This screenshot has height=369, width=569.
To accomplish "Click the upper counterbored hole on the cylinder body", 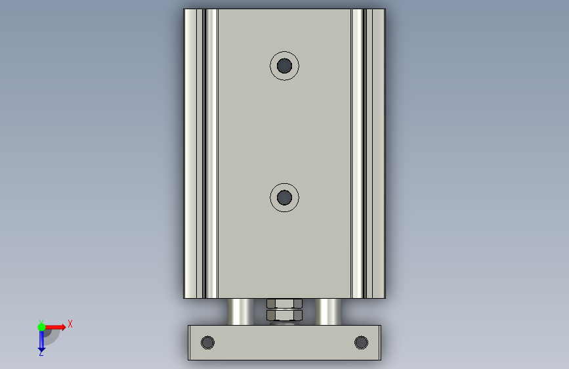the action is click(x=285, y=66).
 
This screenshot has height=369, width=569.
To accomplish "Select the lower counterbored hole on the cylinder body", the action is click(x=285, y=198).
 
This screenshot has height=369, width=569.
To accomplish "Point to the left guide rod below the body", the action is click(x=240, y=312).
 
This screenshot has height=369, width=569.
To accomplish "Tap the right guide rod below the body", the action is click(x=328, y=312).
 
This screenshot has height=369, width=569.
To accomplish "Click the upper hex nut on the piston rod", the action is click(x=285, y=303).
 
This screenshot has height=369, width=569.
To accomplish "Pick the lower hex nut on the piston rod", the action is click(x=285, y=315).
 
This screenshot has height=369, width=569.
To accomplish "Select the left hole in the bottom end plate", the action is click(x=207, y=343).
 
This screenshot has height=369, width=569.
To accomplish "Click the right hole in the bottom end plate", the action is click(x=361, y=343).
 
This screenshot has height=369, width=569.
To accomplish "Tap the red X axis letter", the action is click(x=70, y=324).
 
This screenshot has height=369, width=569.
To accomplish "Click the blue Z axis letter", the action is click(x=41, y=353).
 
